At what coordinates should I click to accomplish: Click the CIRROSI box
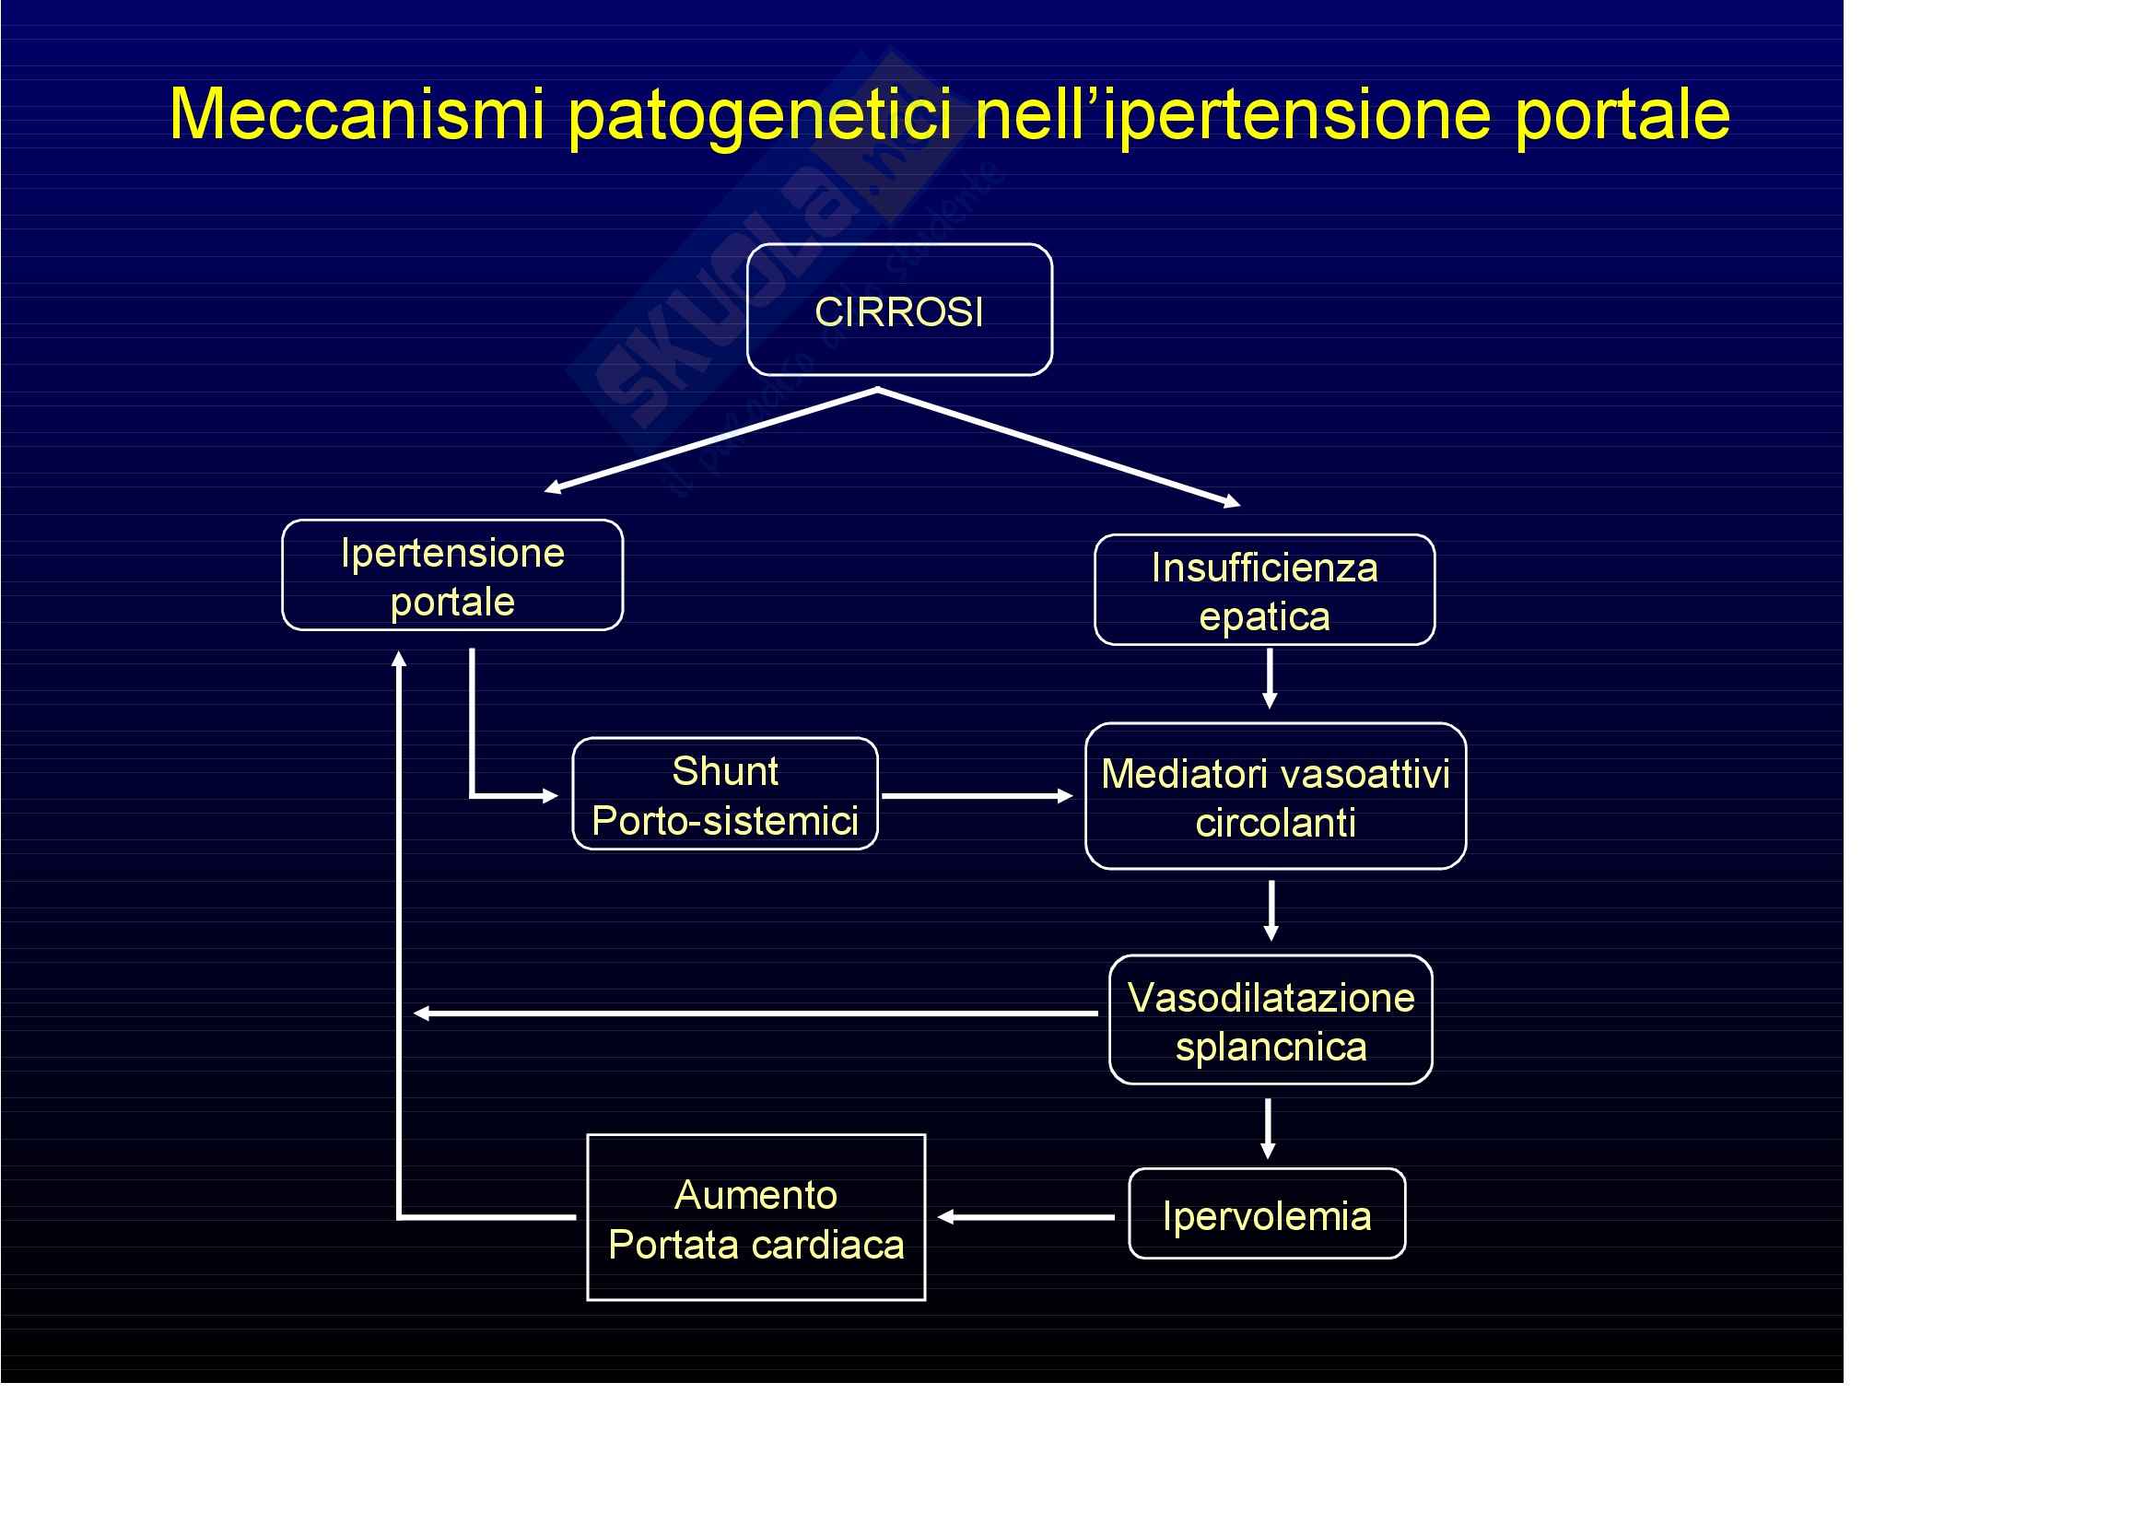(899, 310)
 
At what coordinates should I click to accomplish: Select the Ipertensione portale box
(452, 575)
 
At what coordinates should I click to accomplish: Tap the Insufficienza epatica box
(1264, 591)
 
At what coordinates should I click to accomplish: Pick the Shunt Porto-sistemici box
(724, 794)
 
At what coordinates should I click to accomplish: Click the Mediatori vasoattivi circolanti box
(1275, 797)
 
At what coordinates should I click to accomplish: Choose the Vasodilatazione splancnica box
(1271, 1020)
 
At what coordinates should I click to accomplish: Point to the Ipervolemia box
(1267, 1213)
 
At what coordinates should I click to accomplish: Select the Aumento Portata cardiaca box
(755, 1218)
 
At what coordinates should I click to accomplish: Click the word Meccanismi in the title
(357, 114)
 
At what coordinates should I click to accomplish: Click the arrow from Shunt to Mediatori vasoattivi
(977, 796)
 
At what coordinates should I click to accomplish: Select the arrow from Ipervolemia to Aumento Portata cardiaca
(1025, 1217)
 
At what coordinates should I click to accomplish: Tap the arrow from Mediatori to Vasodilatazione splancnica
(1271, 911)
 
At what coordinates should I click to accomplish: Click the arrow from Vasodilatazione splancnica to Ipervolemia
(1269, 1129)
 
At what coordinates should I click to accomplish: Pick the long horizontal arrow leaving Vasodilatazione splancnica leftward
(755, 1013)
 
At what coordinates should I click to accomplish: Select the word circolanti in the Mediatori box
(1275, 823)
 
